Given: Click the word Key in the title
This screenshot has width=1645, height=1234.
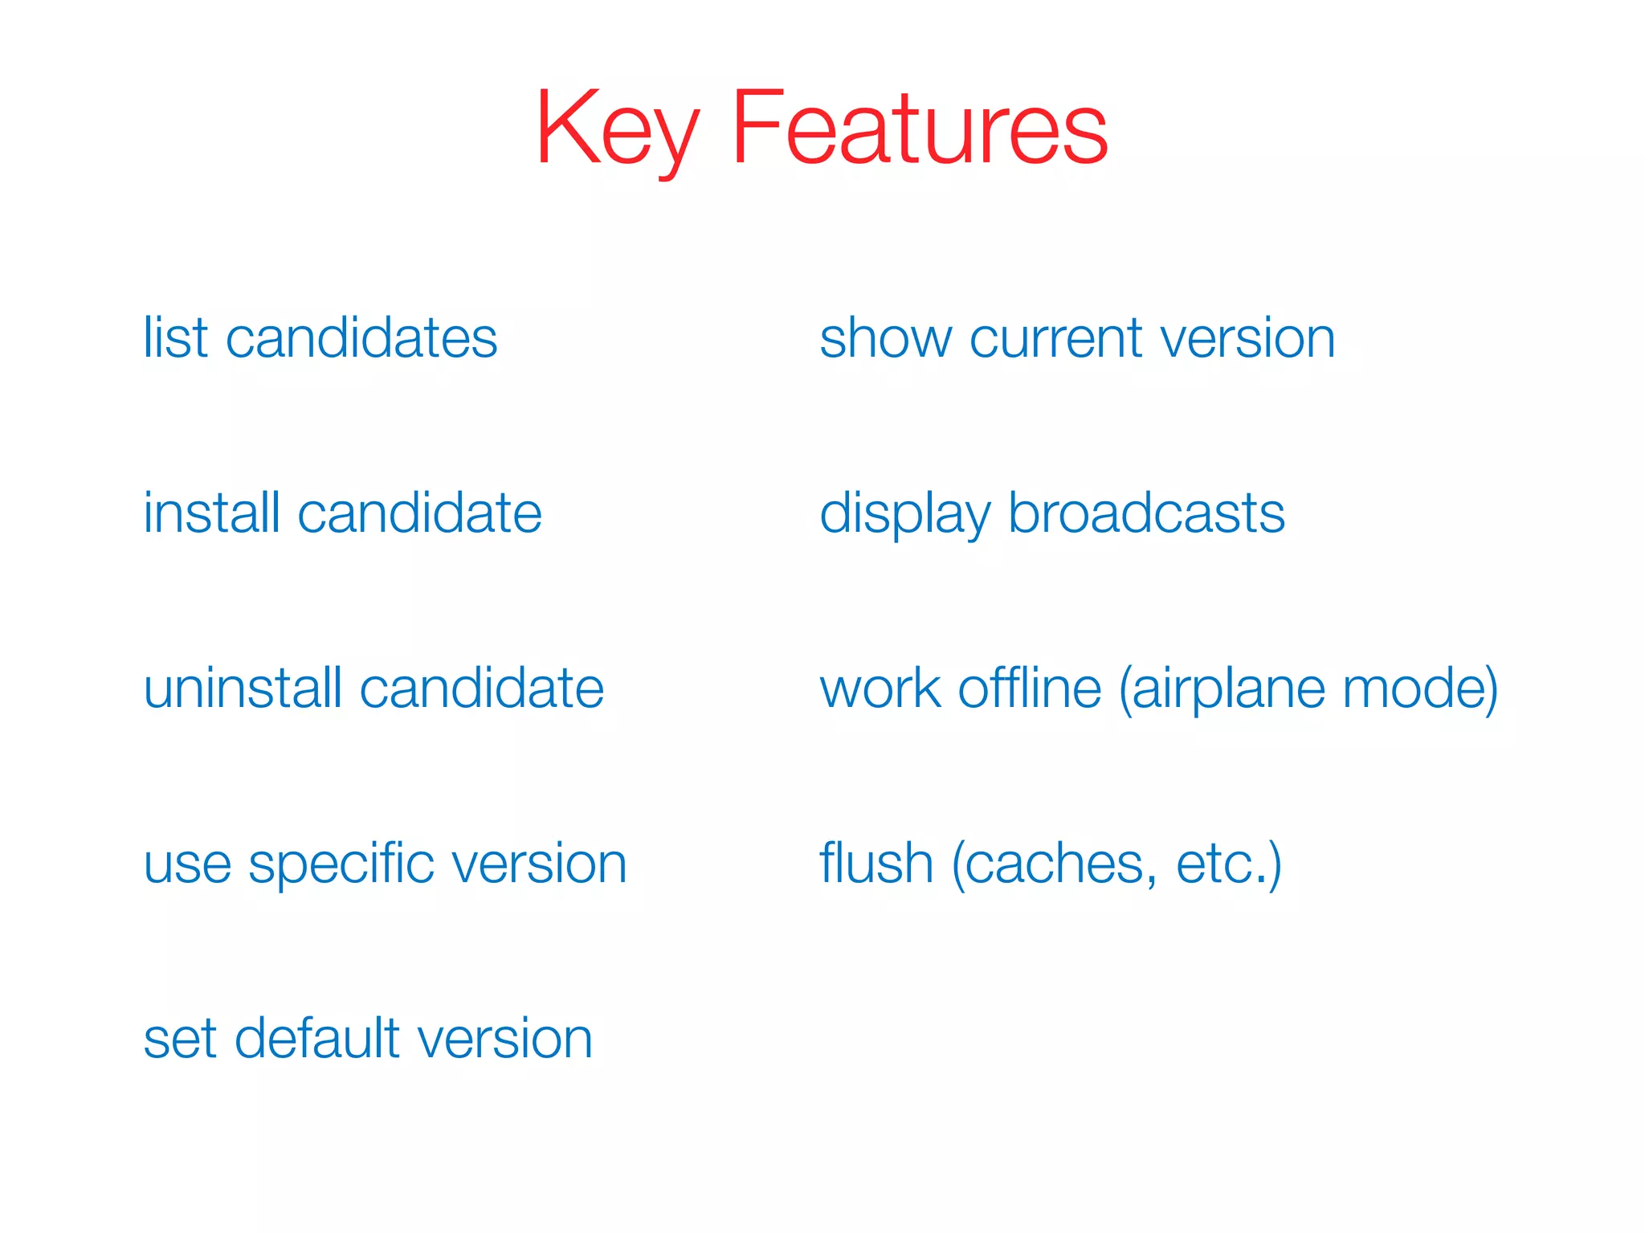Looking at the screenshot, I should click(x=617, y=129).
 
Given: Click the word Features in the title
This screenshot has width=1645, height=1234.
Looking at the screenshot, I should click(x=920, y=129).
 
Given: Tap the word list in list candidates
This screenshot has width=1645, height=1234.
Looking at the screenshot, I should click(x=176, y=337).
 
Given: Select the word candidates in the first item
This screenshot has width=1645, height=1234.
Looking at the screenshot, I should click(x=361, y=337).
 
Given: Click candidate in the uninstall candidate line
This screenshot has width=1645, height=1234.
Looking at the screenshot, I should click(x=482, y=689).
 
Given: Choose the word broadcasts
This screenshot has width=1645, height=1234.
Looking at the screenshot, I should click(x=1146, y=513).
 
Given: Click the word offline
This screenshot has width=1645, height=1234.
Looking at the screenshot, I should click(x=1030, y=689).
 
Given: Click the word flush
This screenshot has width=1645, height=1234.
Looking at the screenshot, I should click(x=876, y=864).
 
